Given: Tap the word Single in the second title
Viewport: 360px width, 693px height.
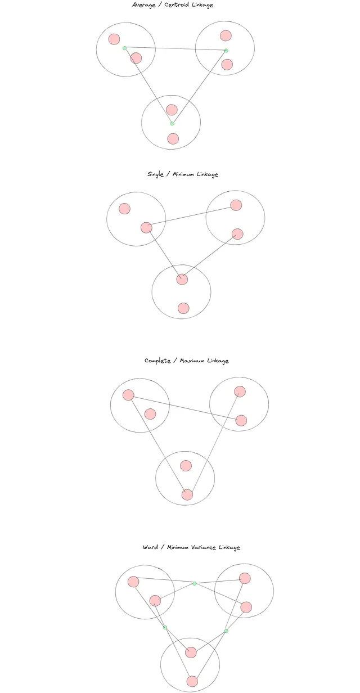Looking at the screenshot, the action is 155,174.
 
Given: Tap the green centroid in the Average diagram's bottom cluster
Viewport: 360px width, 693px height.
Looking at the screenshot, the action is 172,123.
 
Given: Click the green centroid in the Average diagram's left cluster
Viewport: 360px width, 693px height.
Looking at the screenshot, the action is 125,48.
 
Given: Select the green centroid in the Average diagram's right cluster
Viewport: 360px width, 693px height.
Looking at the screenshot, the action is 226,51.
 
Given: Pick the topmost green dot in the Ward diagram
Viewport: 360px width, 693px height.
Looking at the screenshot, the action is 194,583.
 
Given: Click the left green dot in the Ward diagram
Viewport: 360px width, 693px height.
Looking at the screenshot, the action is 165,627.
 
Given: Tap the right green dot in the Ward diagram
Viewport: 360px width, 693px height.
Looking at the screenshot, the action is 226,631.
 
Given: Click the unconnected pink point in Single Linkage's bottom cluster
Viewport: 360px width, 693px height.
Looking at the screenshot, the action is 183,308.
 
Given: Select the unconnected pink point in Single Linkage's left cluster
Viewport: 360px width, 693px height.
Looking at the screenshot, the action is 125,209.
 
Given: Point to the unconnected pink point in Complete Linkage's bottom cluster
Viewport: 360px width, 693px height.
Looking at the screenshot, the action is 186,466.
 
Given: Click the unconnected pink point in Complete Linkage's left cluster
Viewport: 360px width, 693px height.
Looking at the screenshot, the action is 150,414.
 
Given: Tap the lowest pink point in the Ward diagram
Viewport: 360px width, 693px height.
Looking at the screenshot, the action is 192,681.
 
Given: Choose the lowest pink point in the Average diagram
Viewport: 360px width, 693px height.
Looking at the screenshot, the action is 173,138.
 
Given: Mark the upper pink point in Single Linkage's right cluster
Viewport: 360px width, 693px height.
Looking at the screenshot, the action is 236,205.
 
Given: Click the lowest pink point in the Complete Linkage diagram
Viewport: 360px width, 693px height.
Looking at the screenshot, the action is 187,495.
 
